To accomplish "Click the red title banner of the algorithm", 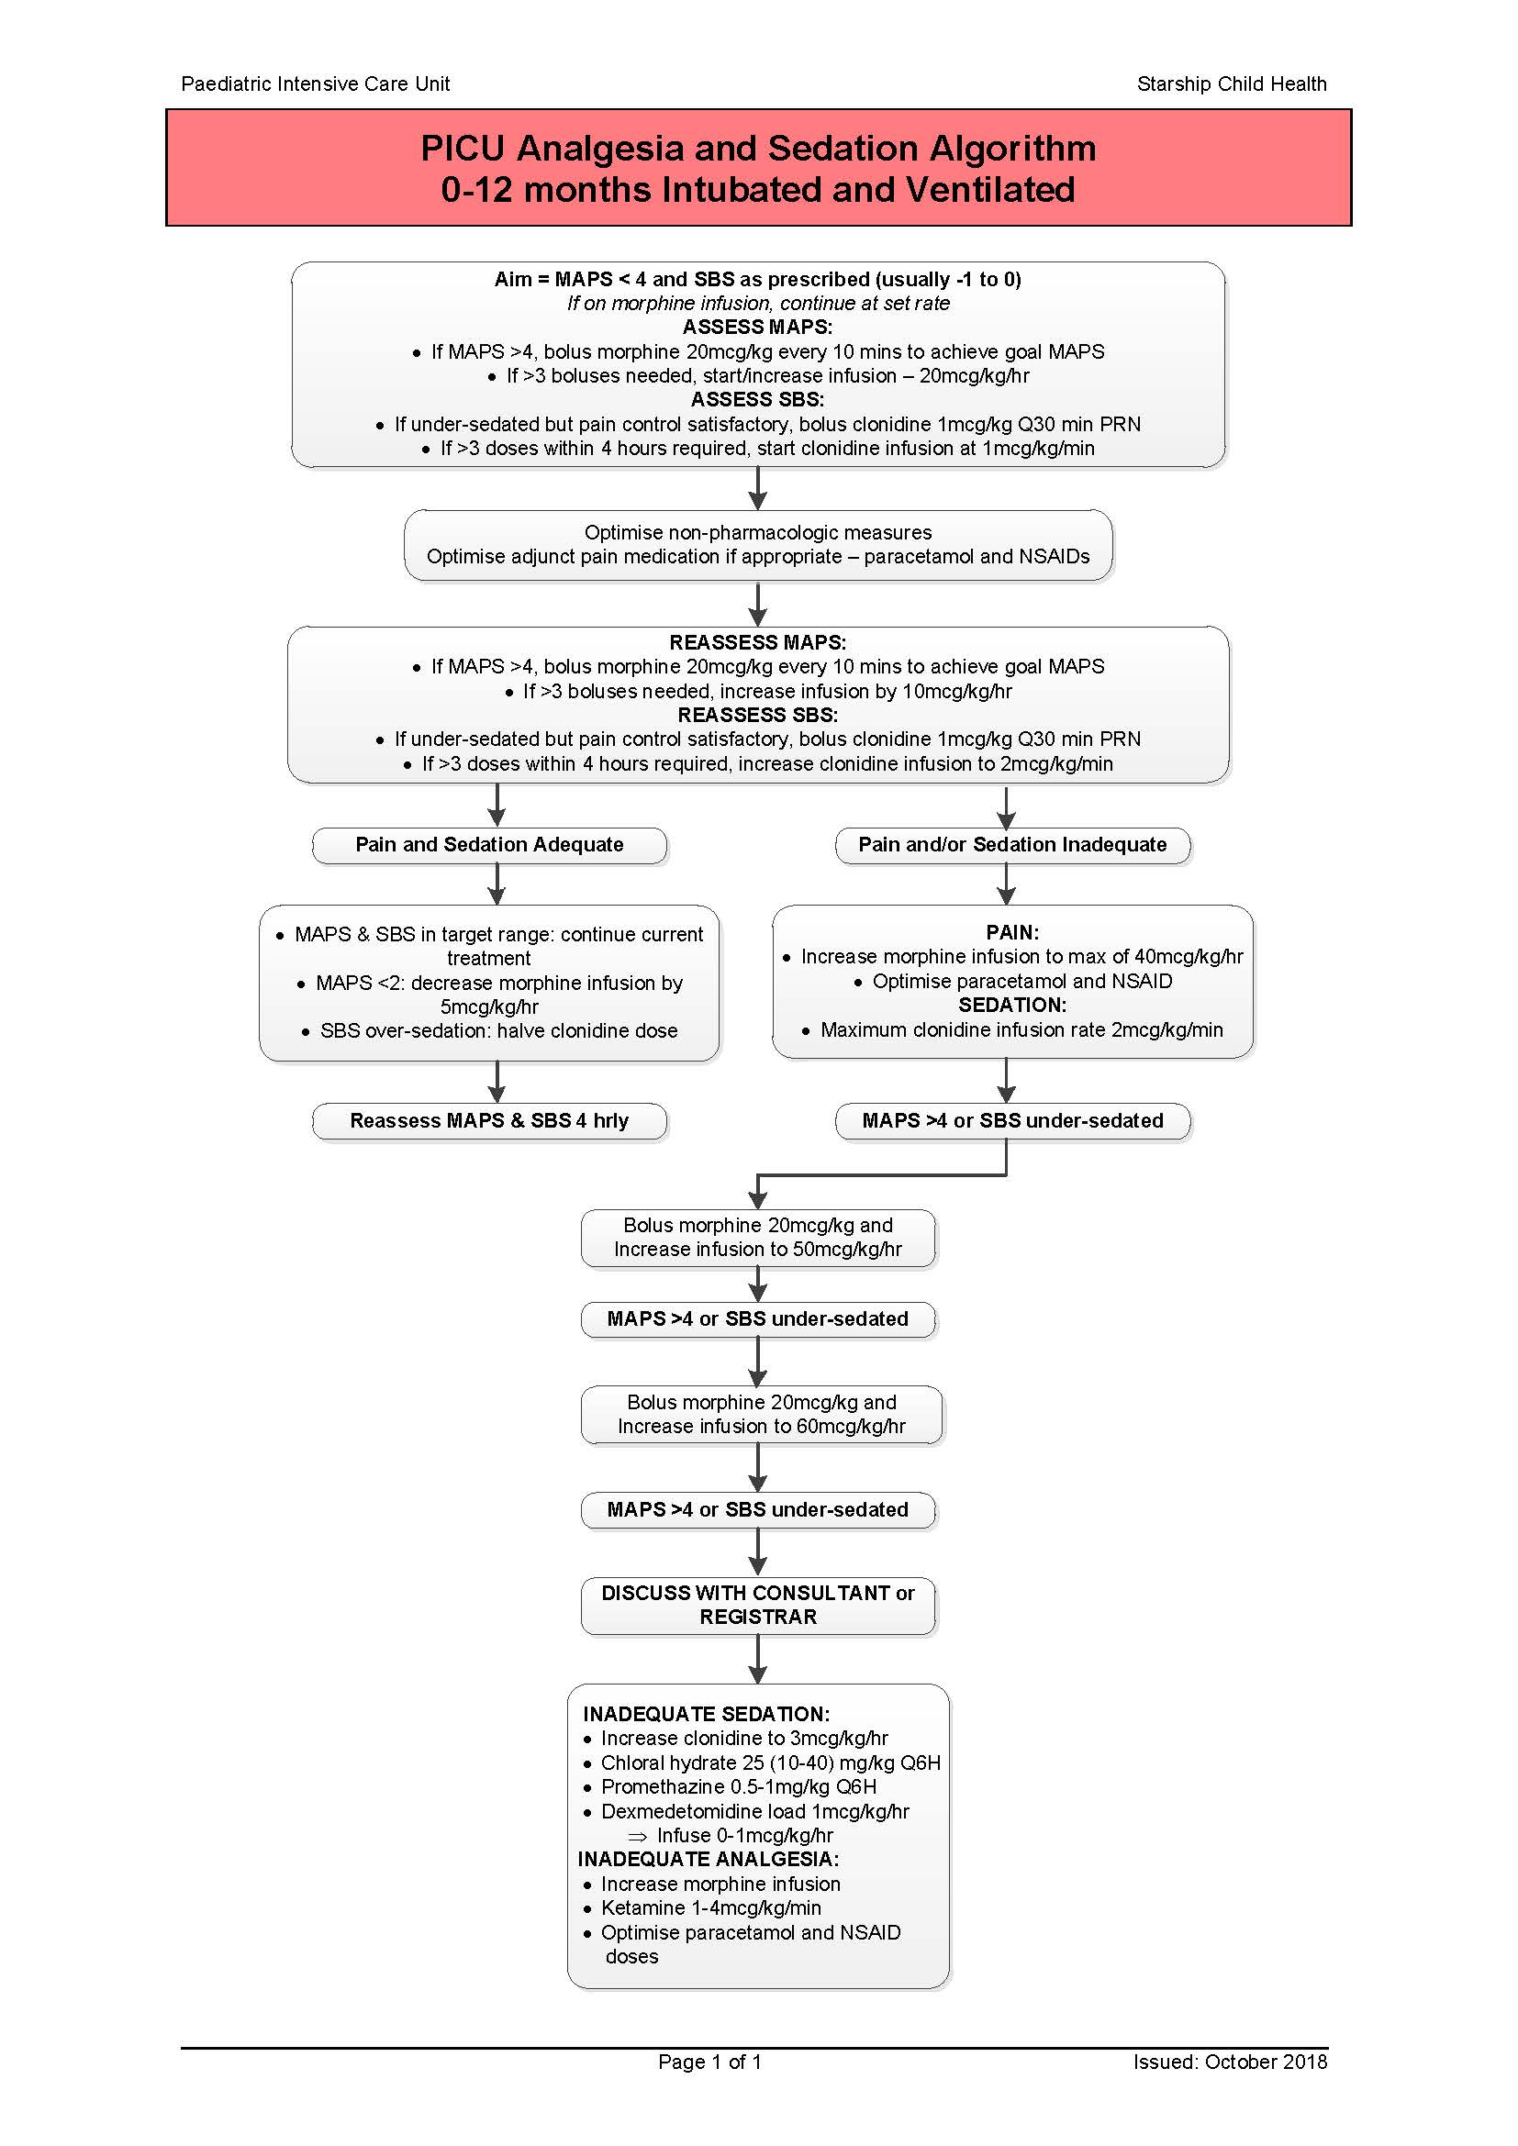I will (x=758, y=168).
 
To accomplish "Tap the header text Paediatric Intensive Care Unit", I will (x=315, y=84).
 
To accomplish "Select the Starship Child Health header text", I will (x=1231, y=84).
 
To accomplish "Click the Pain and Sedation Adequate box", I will (x=489, y=845).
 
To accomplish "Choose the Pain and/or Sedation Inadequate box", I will (x=1012, y=845).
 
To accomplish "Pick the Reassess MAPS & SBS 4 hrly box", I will (x=489, y=1120).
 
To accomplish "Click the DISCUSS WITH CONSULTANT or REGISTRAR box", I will (x=758, y=1605).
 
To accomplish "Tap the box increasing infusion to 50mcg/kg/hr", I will (x=758, y=1238).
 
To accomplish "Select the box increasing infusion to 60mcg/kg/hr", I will (x=761, y=1414).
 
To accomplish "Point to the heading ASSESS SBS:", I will (x=757, y=400).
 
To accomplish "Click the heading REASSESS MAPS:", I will (x=757, y=643).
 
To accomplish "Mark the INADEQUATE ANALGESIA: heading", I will (x=708, y=1859).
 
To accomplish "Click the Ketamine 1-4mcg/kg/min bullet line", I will (x=710, y=1907).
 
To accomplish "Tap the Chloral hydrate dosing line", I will (x=770, y=1762).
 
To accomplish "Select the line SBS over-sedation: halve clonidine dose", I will (x=498, y=1031).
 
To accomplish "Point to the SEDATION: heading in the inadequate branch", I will (x=1012, y=1005).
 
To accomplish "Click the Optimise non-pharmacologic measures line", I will (x=758, y=533).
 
